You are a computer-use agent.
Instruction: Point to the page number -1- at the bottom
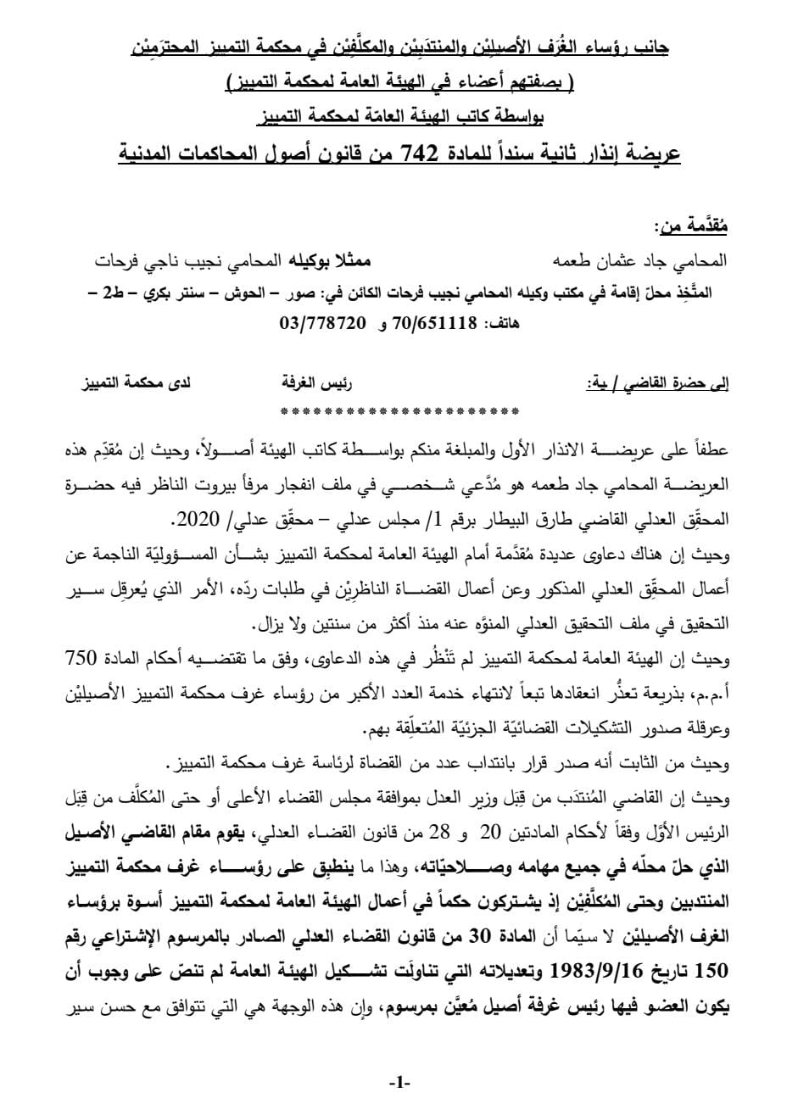coord(399,1083)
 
